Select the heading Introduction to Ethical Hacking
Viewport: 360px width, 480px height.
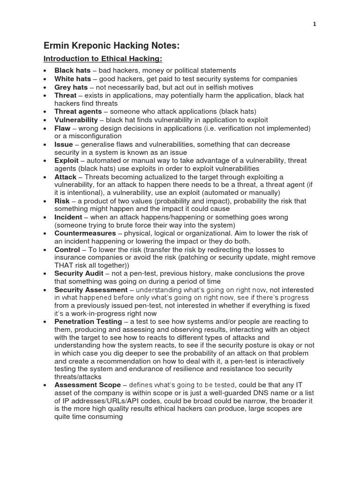point(103,59)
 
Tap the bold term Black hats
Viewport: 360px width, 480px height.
point(73,70)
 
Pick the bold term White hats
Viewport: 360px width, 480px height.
point(73,79)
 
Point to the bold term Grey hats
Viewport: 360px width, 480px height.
point(71,87)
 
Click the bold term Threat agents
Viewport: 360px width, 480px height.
point(78,112)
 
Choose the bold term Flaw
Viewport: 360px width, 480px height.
point(63,128)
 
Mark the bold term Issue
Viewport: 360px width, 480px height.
point(64,144)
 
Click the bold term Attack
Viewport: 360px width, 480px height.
point(65,177)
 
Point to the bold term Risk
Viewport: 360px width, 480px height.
point(62,201)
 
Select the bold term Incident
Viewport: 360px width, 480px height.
point(68,217)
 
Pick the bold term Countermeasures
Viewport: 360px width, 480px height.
point(85,233)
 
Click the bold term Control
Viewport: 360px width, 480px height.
point(67,250)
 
